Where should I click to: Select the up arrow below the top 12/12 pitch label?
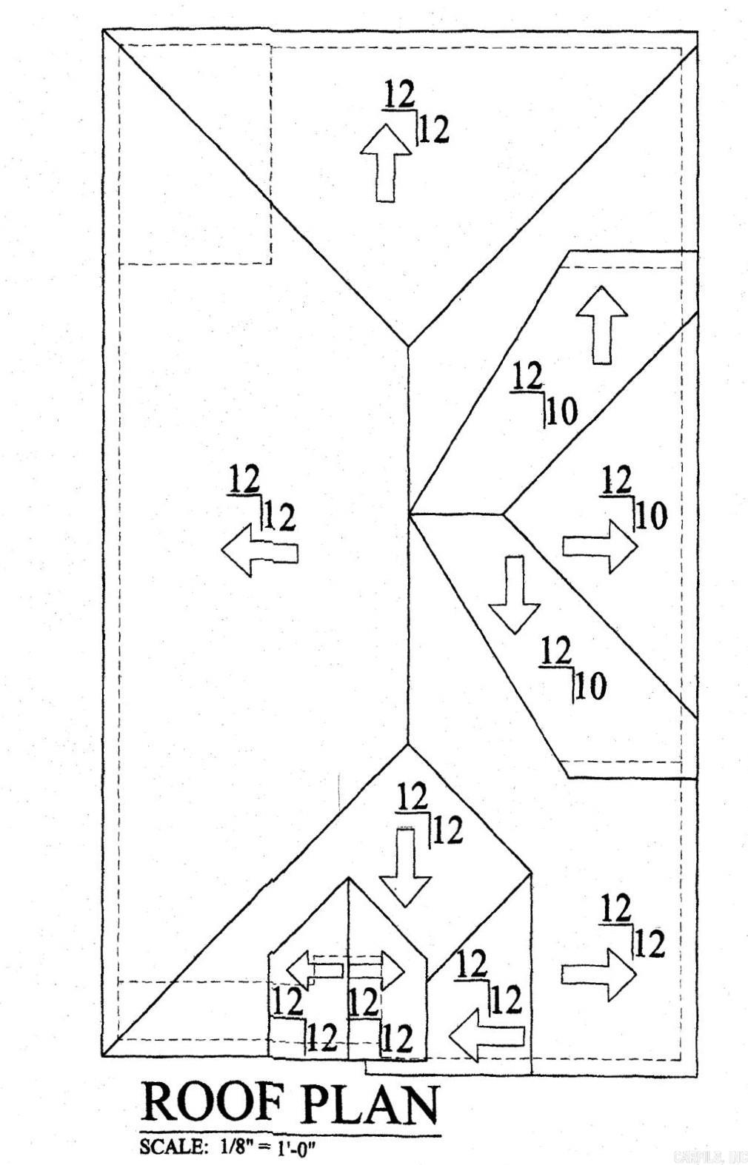point(386,162)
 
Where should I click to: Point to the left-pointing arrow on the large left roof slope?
point(260,551)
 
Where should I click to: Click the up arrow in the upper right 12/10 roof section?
point(601,324)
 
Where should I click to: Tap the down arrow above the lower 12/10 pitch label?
point(515,594)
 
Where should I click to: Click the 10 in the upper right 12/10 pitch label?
point(562,414)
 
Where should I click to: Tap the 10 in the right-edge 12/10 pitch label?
point(652,517)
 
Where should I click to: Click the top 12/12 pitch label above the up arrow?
point(415,111)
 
